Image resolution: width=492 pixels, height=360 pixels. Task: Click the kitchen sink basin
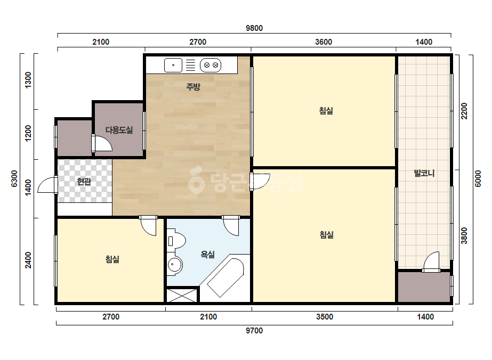coord(173,65)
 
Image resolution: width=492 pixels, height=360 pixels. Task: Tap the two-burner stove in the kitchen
coord(211,65)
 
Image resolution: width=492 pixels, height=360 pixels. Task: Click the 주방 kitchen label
coord(193,87)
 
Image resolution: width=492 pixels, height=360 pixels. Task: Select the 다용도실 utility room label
coord(119,130)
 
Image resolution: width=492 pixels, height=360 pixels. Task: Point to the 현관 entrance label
coord(84,181)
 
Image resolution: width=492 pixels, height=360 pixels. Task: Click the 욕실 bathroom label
coord(208,255)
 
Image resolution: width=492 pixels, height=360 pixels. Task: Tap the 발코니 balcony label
coord(424,173)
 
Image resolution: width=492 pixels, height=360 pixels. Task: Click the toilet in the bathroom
coord(176,241)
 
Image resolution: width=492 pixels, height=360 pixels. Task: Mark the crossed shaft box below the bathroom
coord(182,295)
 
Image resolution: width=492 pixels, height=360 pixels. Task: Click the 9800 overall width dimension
coord(254,28)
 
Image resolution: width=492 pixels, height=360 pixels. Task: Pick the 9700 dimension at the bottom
coord(254,331)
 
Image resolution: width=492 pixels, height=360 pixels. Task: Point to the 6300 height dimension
coord(14,179)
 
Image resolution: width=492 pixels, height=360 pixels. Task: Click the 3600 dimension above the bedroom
coord(324,42)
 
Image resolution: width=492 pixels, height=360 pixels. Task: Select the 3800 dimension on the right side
coord(464,236)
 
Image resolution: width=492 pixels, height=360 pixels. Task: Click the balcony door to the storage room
coord(431,262)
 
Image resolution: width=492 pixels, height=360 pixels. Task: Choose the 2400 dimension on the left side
coord(28,260)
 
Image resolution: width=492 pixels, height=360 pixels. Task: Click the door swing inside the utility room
coord(102,143)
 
